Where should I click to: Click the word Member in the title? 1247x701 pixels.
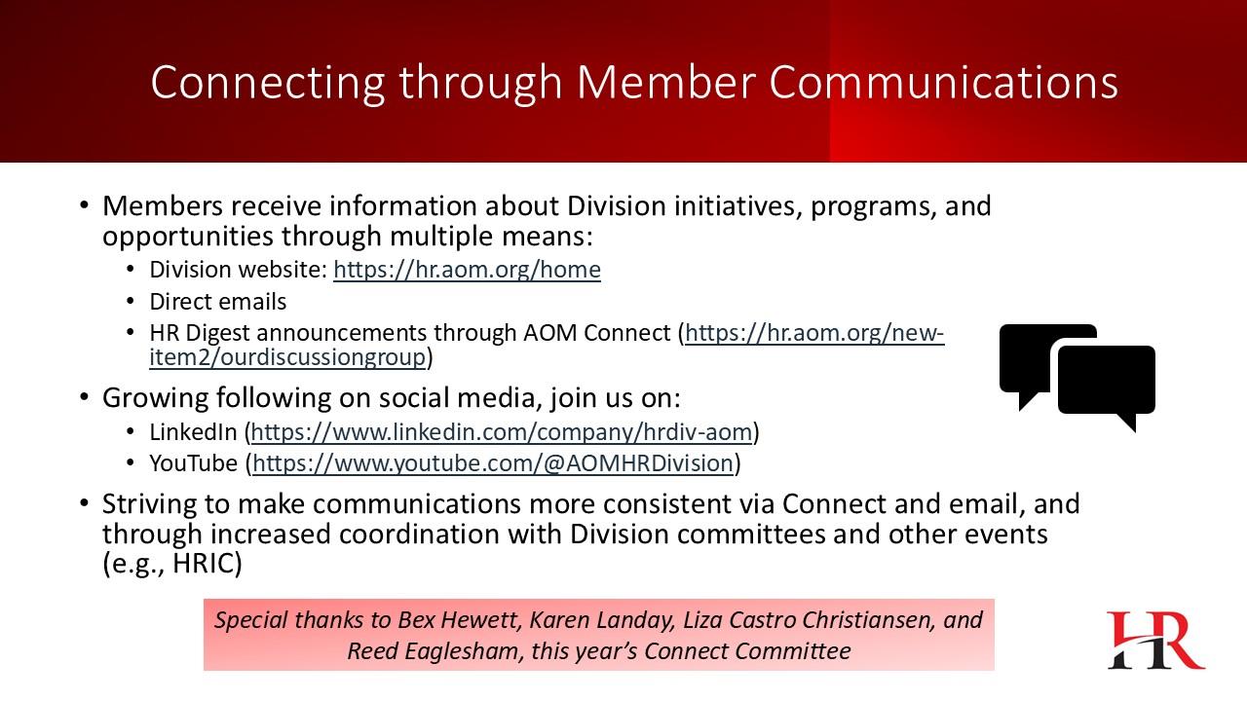coord(665,83)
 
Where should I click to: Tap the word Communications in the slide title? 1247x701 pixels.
coord(944,83)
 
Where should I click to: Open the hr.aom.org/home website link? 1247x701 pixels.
coord(467,270)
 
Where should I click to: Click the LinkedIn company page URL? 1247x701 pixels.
coord(502,432)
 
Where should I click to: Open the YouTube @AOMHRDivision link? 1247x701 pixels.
coord(493,463)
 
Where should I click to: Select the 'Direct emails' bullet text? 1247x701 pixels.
coord(217,302)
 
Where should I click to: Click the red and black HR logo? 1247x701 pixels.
coord(1155,640)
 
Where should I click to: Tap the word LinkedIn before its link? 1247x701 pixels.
coord(193,432)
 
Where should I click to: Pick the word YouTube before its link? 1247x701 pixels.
coord(193,463)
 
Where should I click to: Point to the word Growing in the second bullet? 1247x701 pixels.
coord(155,398)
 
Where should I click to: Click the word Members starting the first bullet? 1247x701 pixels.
coord(163,205)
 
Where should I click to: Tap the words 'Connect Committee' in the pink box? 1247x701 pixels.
coord(747,651)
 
